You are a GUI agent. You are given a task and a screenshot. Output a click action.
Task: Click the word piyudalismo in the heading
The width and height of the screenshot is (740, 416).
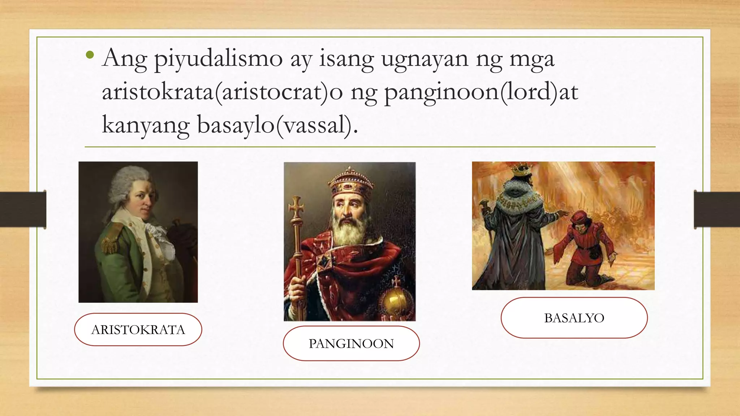click(x=218, y=58)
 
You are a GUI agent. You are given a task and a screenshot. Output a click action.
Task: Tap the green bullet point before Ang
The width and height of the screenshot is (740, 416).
click(x=90, y=55)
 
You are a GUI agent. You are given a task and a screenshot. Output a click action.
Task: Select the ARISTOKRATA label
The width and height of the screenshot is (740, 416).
click(x=138, y=329)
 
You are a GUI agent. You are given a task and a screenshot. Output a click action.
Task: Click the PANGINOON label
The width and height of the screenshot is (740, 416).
click(x=351, y=343)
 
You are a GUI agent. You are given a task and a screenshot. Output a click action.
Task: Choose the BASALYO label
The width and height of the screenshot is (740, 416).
click(x=574, y=318)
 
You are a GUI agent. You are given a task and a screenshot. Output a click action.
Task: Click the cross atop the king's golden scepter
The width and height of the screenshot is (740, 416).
click(x=296, y=207)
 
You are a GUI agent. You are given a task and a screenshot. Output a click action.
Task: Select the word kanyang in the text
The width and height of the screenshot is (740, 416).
click(x=146, y=125)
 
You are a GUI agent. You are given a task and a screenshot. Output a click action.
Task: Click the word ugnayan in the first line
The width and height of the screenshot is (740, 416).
click(x=425, y=58)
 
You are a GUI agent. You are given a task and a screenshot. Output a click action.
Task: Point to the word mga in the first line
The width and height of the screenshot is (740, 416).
click(x=532, y=58)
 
